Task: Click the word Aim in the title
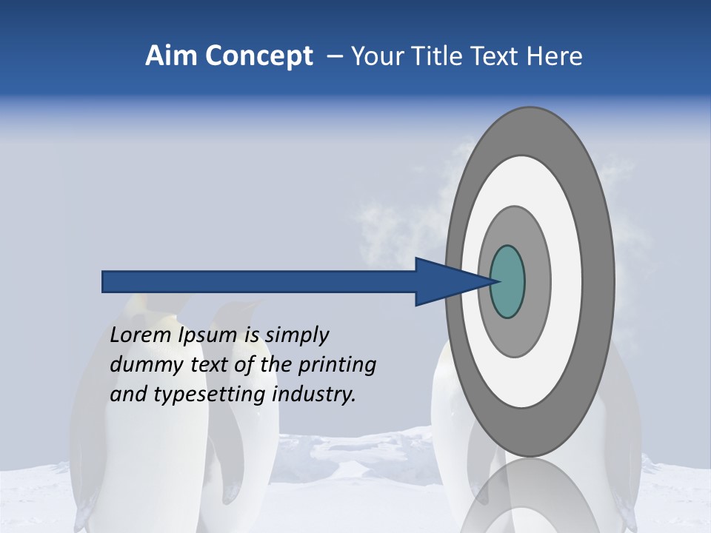click(x=170, y=56)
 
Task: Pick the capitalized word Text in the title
click(x=498, y=56)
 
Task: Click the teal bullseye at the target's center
click(x=507, y=282)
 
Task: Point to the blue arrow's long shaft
click(x=259, y=282)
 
